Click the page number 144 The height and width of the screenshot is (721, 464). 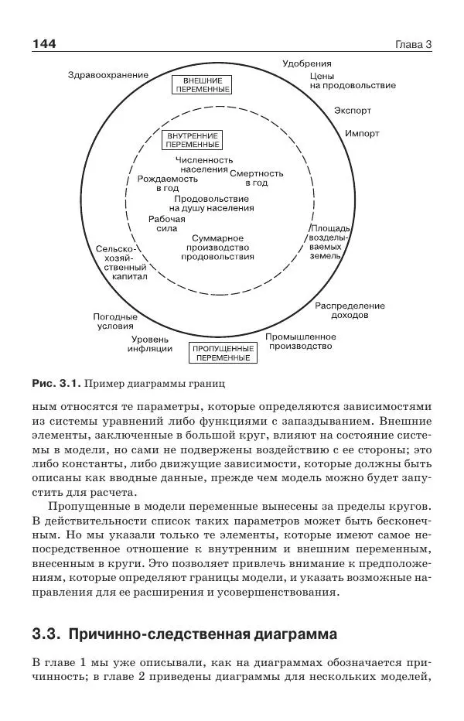coord(44,44)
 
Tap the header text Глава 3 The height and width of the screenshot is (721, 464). coord(413,45)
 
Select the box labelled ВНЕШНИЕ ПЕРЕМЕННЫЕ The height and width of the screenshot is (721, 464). coord(198,85)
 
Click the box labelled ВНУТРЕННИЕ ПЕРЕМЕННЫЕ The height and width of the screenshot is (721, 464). coord(193,140)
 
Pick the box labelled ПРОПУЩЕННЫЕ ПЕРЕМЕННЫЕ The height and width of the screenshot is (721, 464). coord(223,354)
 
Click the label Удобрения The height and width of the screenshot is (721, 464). coord(307,63)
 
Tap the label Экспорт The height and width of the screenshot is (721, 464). coord(352,110)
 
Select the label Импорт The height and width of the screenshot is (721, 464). coord(362,133)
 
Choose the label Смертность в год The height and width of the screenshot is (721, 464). coord(257,178)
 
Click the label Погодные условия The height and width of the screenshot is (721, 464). coord(115,321)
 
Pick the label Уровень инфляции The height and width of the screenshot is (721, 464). coord(150,343)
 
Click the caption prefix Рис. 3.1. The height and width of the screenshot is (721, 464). coord(56,383)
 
